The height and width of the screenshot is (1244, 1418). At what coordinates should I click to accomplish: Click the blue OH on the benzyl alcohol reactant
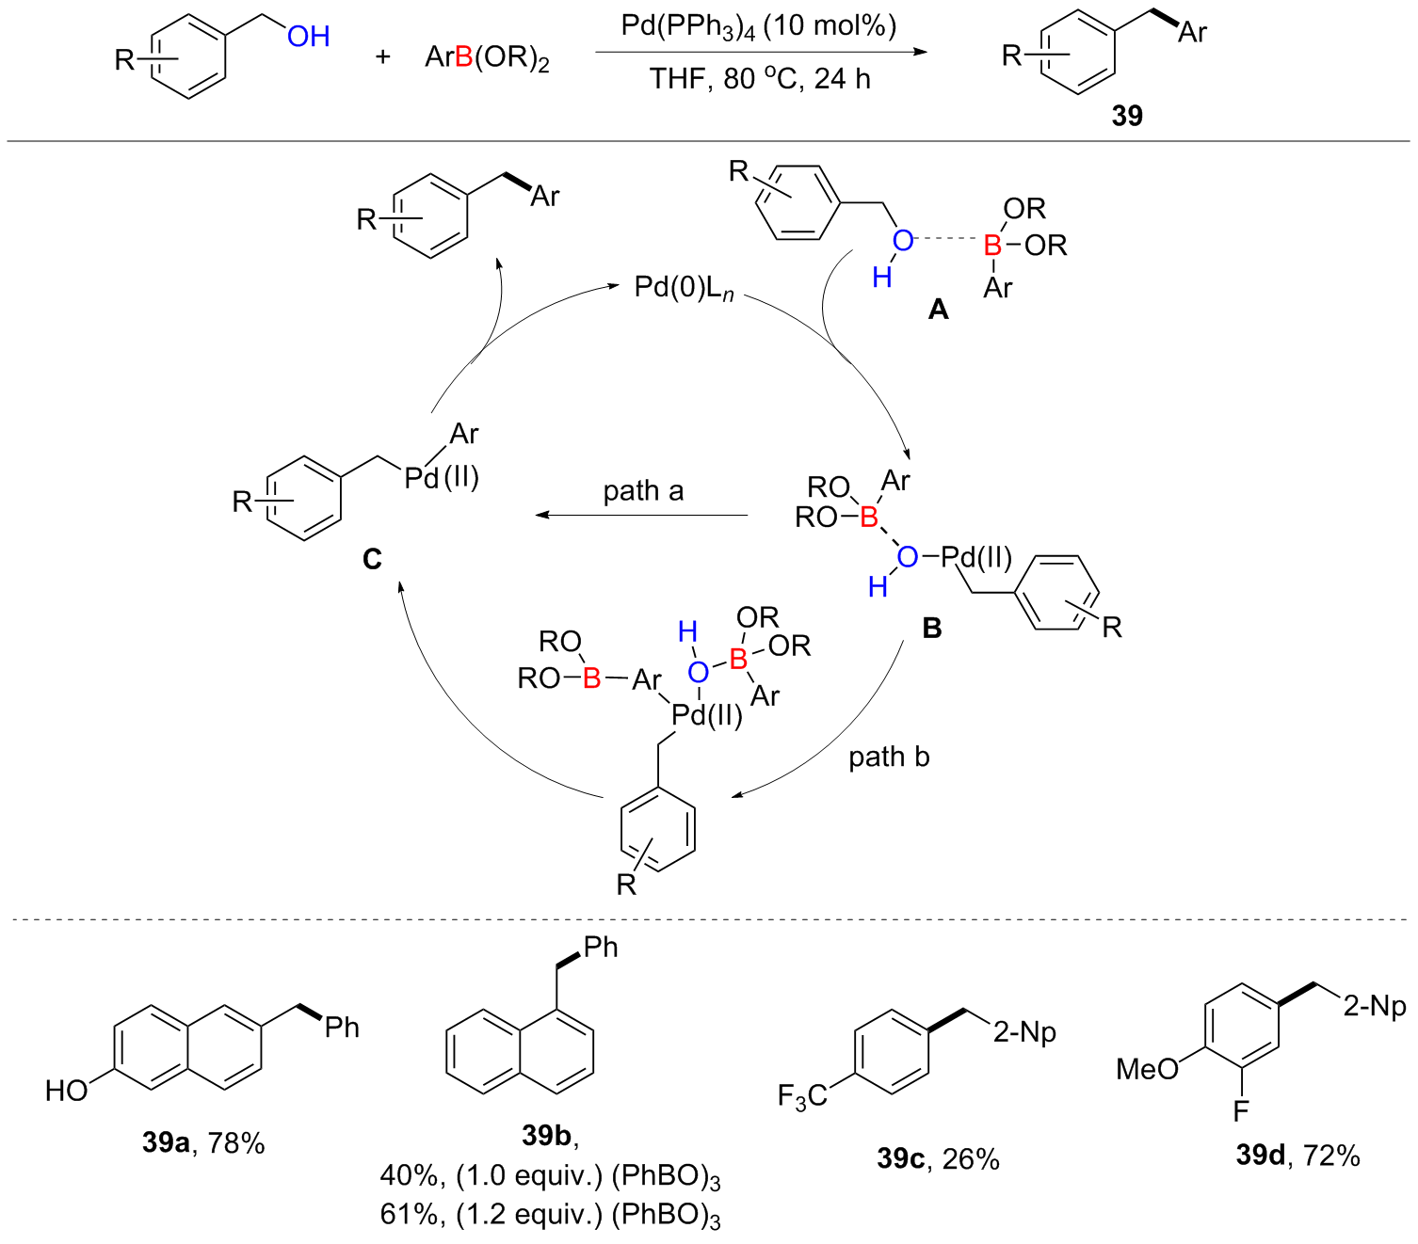(x=308, y=36)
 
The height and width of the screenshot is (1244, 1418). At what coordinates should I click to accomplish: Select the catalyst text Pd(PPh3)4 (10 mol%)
(x=759, y=27)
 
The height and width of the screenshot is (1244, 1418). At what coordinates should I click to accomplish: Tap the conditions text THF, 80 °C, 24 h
(x=760, y=78)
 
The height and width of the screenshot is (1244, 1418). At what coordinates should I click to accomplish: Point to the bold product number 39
(x=1126, y=116)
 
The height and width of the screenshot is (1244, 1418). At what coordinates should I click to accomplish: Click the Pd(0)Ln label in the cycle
(x=684, y=288)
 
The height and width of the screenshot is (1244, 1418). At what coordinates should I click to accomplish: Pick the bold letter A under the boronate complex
(x=938, y=309)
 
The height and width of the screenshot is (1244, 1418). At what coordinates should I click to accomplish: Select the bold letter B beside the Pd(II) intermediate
(x=931, y=628)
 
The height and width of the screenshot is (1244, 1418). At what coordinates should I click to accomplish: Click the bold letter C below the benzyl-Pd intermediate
(x=372, y=559)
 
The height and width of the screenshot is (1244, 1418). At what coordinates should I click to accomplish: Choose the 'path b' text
(x=889, y=757)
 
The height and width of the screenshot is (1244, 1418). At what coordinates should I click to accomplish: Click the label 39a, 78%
(x=203, y=1142)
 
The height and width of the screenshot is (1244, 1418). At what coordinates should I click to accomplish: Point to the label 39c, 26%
(x=938, y=1159)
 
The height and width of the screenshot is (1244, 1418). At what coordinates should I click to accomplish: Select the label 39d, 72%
(x=1297, y=1156)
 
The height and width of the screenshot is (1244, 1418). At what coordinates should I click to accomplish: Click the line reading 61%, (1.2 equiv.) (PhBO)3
(x=550, y=1216)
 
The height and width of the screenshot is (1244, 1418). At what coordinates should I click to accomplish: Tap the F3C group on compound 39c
(x=802, y=1096)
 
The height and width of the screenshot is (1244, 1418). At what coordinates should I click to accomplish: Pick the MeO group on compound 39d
(x=1147, y=1068)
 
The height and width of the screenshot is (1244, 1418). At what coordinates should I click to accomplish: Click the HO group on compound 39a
(x=67, y=1090)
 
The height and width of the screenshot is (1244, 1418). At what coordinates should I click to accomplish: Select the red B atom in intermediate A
(x=992, y=246)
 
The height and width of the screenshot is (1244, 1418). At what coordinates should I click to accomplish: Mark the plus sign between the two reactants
(x=382, y=56)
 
